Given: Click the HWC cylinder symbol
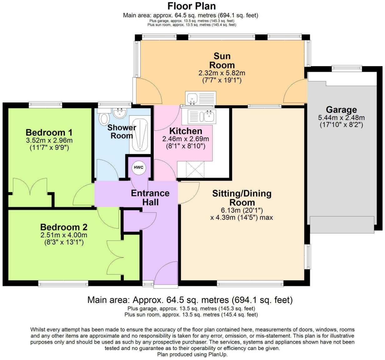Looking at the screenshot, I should tap(138, 167).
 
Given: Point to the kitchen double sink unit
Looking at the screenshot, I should tap(202, 116).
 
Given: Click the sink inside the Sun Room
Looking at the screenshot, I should tap(200, 98).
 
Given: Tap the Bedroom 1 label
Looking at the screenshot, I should tap(49, 132).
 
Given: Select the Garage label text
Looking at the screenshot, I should tap(341, 110).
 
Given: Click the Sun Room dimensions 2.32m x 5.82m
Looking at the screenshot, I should tap(222, 73).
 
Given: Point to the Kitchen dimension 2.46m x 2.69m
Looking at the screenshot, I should tap(186, 139).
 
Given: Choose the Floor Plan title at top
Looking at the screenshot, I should tap(191, 6).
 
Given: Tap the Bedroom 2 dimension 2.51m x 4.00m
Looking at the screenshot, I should tap(64, 235).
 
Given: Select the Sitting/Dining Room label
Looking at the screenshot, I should tap(242, 197).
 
